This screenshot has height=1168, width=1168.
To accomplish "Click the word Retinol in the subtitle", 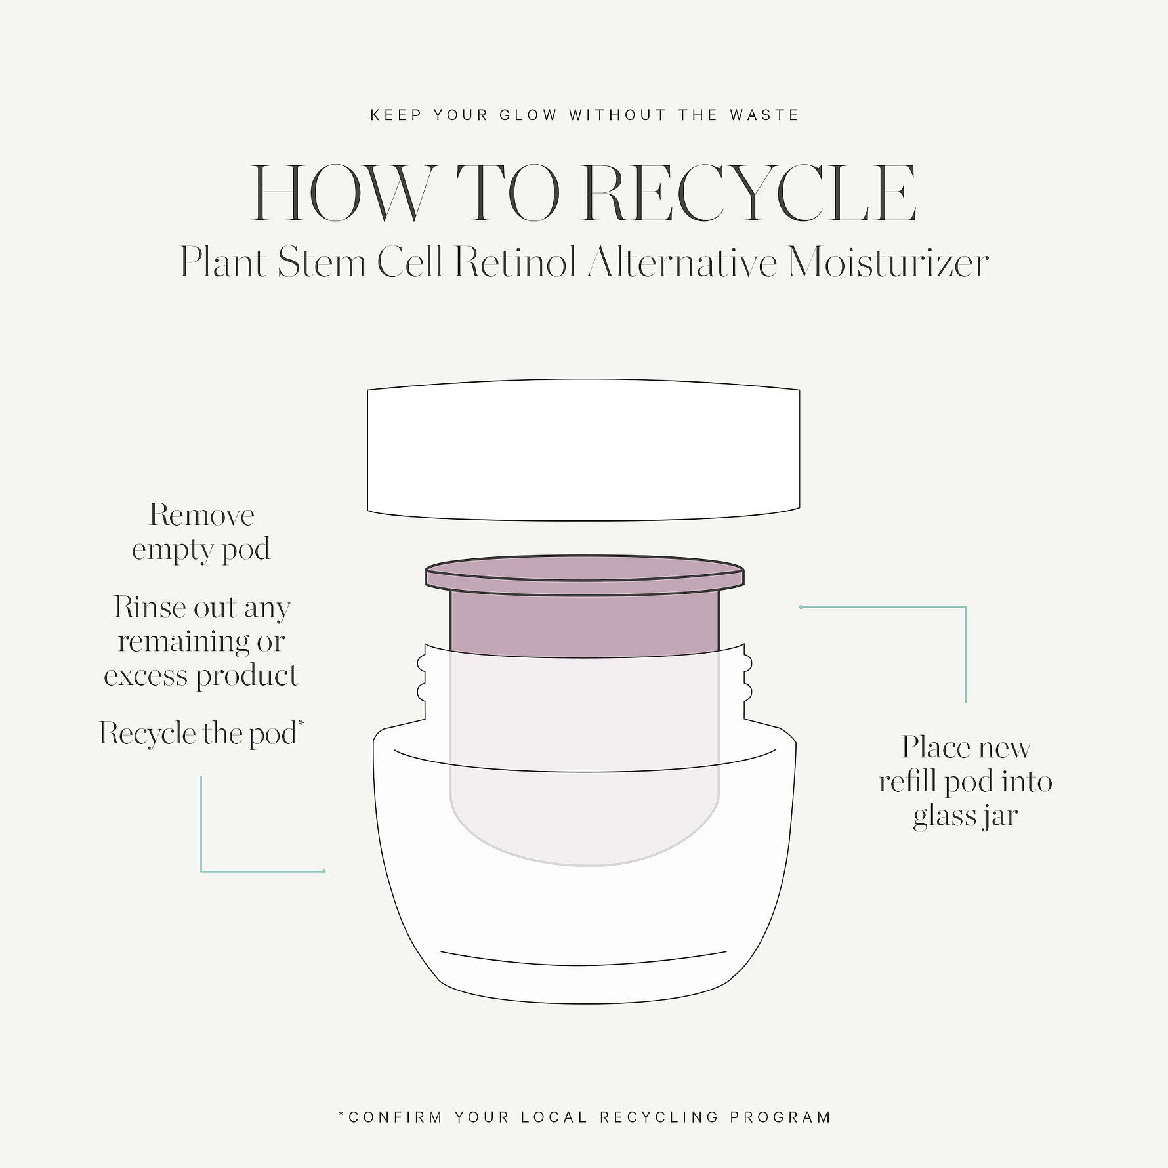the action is (515, 263).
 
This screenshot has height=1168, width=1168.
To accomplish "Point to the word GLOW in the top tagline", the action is (528, 115).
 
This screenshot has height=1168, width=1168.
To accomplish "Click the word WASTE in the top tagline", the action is (764, 115).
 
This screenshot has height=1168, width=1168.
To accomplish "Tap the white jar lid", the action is (583, 450).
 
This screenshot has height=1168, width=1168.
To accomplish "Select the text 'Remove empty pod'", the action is (201, 532).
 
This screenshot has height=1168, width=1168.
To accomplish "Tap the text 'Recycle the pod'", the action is (198, 733).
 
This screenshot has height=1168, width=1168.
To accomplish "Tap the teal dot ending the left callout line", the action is (324, 871).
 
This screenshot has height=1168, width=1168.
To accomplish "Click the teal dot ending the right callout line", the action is (801, 607).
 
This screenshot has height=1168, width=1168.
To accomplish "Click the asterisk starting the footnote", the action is (341, 1114).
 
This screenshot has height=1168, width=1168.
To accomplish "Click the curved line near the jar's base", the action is (584, 958).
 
